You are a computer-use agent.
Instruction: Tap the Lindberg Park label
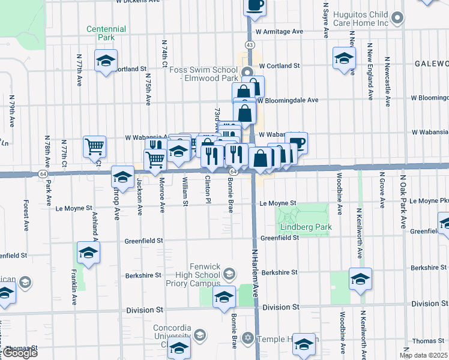click(306, 228)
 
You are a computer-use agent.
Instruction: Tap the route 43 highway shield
click(250, 45)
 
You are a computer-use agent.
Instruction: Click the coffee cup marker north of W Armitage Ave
click(255, 5)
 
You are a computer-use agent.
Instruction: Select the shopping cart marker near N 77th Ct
click(94, 146)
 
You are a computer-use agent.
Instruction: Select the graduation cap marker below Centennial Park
click(106, 61)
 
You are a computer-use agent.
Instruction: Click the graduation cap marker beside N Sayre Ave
click(344, 58)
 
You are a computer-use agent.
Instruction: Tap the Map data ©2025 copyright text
click(423, 355)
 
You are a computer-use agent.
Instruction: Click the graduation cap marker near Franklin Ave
click(88, 253)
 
